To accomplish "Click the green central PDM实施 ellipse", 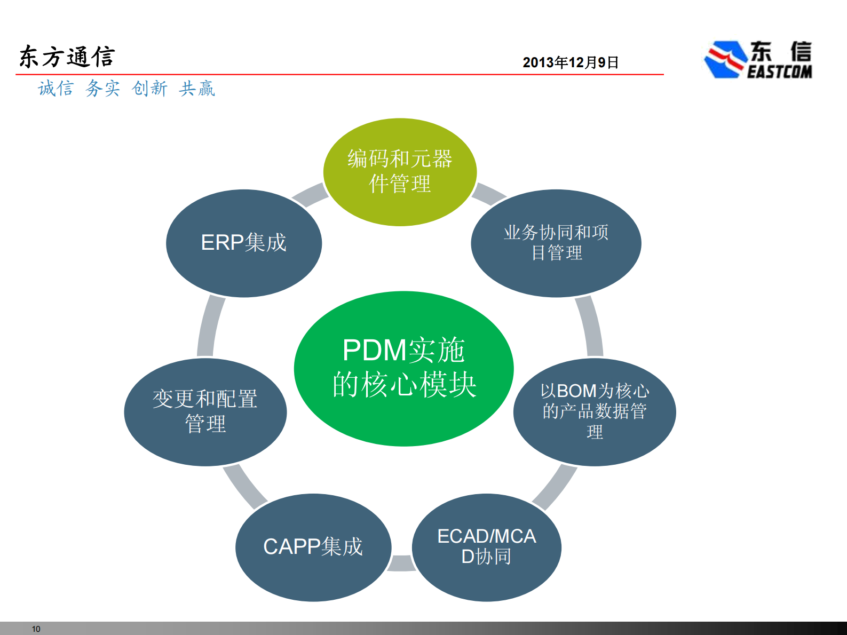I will tap(403, 368).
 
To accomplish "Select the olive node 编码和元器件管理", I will tap(400, 172).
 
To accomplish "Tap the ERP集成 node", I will tap(244, 243).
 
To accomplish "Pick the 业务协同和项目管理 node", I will tap(556, 243).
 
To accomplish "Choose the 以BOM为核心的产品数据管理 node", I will tap(595, 411).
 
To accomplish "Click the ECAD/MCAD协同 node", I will tap(486, 547).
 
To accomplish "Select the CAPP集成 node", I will tap(313, 547).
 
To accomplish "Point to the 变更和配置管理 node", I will tap(205, 411).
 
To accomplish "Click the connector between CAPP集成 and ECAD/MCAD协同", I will tap(401, 563).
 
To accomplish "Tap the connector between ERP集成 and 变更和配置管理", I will tap(210, 327).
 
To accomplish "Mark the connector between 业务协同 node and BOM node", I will tap(590, 327).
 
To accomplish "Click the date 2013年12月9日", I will tap(570, 62).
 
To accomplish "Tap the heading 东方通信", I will tap(67, 57).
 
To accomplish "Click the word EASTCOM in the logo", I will tap(779, 72).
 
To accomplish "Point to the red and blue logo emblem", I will tap(725, 59).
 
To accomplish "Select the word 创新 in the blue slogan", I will tap(149, 88).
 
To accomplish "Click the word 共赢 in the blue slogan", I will tap(197, 88).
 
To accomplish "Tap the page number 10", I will tap(36, 629).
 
